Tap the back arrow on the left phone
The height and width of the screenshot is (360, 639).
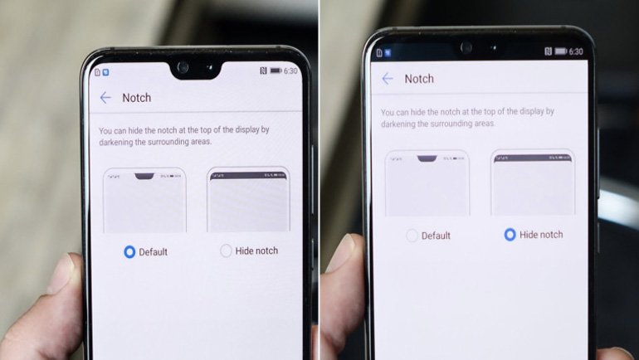click(105, 98)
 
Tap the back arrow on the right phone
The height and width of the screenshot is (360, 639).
click(388, 79)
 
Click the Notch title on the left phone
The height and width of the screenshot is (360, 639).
click(137, 98)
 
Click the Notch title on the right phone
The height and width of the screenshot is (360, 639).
click(419, 79)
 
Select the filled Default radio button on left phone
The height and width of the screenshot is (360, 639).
click(129, 251)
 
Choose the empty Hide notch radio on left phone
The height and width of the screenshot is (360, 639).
click(226, 251)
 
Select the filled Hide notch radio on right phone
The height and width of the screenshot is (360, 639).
click(510, 235)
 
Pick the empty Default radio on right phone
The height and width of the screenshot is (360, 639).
click(412, 236)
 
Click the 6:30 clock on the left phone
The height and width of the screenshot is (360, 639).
click(291, 71)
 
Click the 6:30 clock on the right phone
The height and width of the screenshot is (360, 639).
click(576, 51)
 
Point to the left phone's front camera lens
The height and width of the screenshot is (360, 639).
click(183, 67)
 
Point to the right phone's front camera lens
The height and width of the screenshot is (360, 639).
click(466, 47)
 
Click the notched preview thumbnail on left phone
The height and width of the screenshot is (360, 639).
click(144, 200)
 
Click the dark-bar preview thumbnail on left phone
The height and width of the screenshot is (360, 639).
click(247, 200)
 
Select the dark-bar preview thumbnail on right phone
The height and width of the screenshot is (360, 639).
click(531, 182)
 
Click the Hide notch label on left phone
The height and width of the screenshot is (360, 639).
click(256, 251)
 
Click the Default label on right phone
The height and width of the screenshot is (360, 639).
click(436, 236)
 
